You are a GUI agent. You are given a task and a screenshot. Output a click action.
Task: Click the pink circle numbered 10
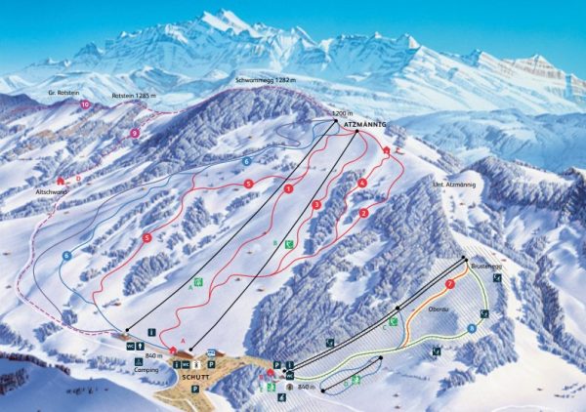tap(85, 103)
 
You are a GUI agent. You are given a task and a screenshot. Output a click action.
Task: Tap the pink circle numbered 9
tap(135, 133)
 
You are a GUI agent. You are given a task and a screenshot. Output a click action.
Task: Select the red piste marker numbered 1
tap(289, 188)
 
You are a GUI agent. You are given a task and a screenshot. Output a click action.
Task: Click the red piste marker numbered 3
tap(316, 205)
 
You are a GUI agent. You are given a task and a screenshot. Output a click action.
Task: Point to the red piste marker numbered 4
tap(361, 183)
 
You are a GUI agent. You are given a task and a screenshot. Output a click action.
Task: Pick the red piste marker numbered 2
tap(363, 212)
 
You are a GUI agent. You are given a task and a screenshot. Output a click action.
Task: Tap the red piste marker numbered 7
tap(449, 284)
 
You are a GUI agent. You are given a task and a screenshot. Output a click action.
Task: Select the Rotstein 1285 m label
tap(135, 97)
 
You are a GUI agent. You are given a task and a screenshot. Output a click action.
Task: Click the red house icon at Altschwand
tap(61, 181)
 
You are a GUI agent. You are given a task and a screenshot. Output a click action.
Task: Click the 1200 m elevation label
tap(341, 114)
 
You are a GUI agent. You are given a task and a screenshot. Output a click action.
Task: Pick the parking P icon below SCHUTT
tap(195, 389)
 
